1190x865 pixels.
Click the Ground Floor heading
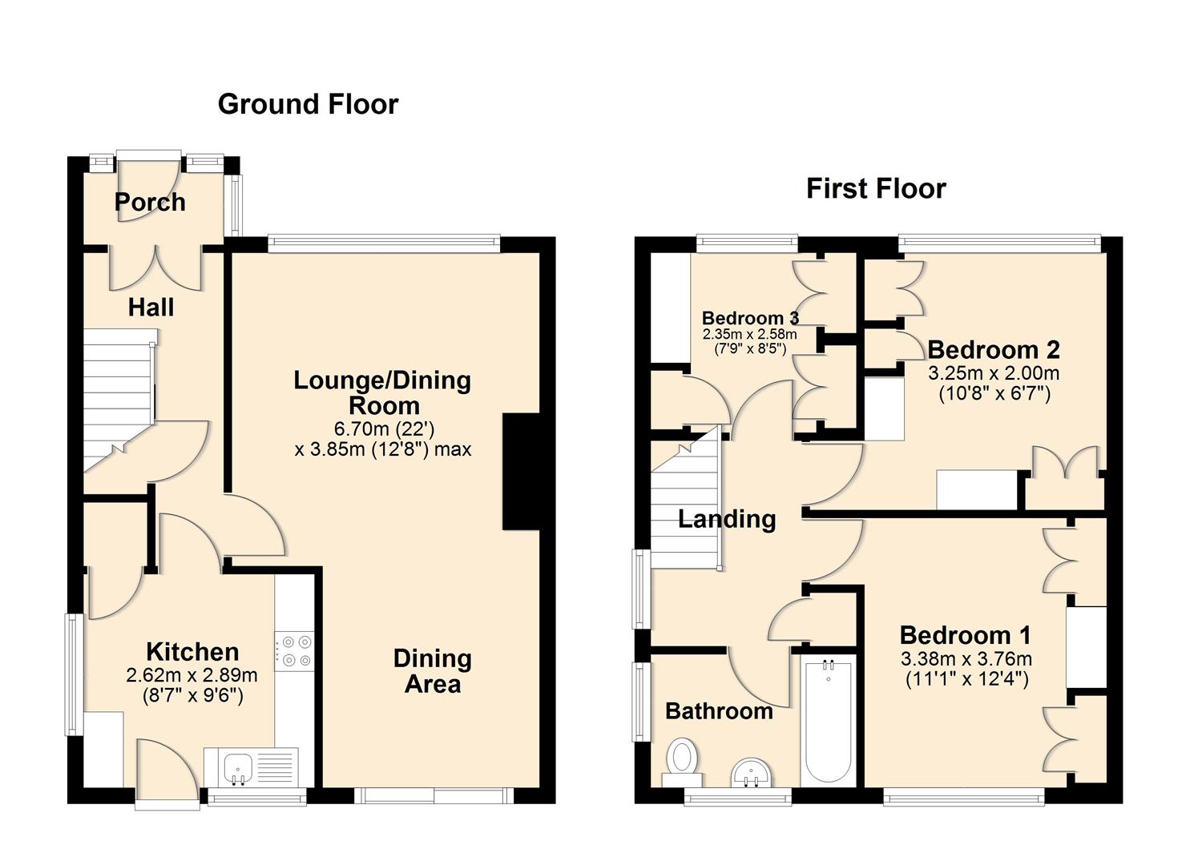(308, 104)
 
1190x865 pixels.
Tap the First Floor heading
(876, 189)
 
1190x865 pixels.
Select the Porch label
(150, 202)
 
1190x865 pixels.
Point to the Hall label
(151, 307)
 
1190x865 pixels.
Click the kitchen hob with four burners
(295, 650)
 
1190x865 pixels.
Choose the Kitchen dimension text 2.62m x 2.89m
(192, 675)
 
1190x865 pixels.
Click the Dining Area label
(432, 671)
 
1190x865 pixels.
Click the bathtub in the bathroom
(828, 720)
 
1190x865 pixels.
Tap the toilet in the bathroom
(682, 761)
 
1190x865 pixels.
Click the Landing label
(727, 519)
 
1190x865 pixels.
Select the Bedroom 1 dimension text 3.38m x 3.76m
(966, 659)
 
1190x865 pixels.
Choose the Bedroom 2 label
(993, 349)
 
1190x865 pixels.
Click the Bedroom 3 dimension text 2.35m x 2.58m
(749, 334)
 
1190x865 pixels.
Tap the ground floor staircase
(119, 400)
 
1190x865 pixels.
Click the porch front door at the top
(149, 172)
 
